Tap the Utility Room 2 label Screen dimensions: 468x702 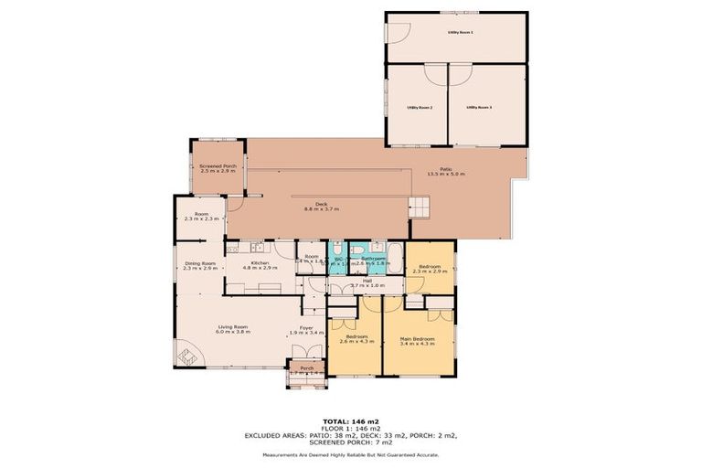(x=419, y=108)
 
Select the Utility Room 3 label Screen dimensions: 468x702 (x=479, y=108)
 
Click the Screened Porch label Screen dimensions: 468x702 (x=218, y=168)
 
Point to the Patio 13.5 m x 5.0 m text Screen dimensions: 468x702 (x=446, y=171)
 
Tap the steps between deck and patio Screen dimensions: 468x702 (x=418, y=207)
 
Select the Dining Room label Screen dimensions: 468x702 (x=199, y=265)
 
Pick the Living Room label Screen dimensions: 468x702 (x=232, y=329)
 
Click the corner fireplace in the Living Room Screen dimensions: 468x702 (x=183, y=355)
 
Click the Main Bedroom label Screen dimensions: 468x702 (x=417, y=341)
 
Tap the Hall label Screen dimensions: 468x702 (x=366, y=283)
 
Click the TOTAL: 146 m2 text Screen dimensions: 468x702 (x=351, y=420)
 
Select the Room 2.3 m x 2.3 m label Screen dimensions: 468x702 (x=201, y=216)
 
